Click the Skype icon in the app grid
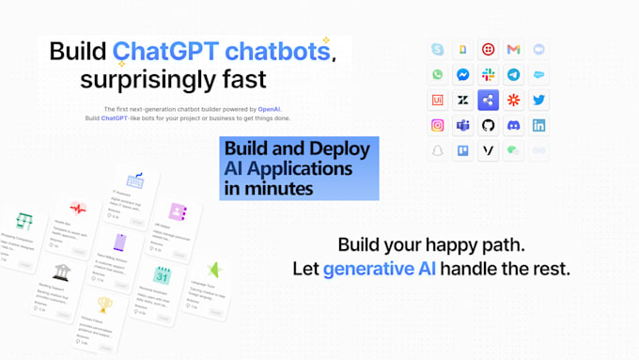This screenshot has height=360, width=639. coord(437,50)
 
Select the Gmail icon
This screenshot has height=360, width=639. coord(513,50)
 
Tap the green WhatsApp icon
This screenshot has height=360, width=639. coord(437,75)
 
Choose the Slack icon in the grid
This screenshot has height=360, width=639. coord(488,75)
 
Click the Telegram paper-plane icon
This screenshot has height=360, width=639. coord(513,75)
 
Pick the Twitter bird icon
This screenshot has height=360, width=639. coord(538,101)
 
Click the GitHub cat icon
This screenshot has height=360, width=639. coord(488,126)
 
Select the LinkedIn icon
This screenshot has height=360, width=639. coord(538,126)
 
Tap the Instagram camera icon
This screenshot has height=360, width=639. coord(437,126)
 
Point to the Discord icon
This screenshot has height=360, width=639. coord(513,126)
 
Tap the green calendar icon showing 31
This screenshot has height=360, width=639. coord(162,275)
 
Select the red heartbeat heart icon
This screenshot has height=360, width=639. coord(77,209)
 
